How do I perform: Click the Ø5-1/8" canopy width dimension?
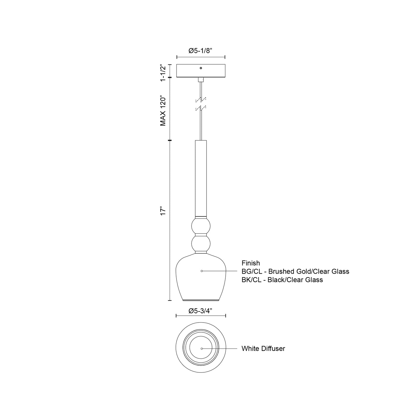pos(200,51)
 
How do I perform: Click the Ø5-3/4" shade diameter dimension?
pos(200,311)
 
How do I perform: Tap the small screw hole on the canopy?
pos(201,68)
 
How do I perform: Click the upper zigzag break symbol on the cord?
pos(201,100)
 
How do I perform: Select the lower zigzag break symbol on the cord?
pos(201,108)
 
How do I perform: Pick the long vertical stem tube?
pos(201,178)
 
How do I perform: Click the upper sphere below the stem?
pos(201,225)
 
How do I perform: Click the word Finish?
pos(251,263)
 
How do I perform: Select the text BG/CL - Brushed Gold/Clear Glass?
pos(295,271)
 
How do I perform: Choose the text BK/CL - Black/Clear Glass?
pos(282,280)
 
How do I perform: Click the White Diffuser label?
pos(263,349)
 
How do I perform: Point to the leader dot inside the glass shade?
pos(202,271)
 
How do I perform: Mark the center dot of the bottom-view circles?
pos(202,349)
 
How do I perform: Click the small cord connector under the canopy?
pos(201,80)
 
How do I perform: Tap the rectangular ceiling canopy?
pos(201,71)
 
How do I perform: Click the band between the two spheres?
pos(201,234)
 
